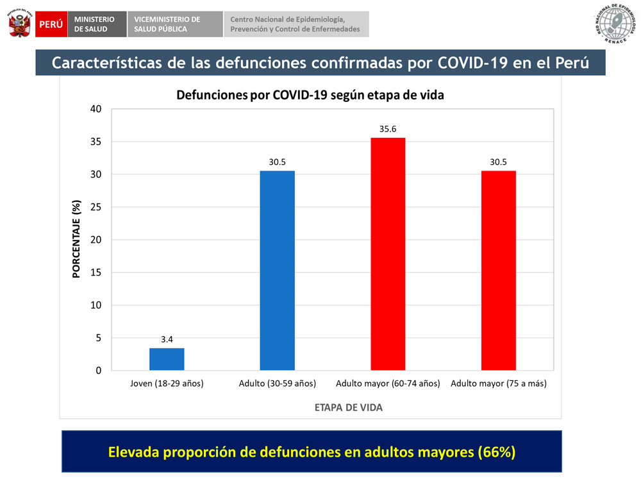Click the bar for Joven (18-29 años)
167,359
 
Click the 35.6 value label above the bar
388,129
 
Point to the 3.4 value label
167,339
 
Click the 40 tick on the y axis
96,109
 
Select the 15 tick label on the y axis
96,273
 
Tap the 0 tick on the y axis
98,371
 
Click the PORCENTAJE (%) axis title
76,240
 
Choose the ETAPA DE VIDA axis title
349,407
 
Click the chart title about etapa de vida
310,95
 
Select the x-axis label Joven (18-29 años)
167,384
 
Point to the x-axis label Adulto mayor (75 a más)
498,384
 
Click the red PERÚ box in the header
51,24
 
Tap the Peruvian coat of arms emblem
20,23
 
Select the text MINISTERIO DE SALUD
94,24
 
